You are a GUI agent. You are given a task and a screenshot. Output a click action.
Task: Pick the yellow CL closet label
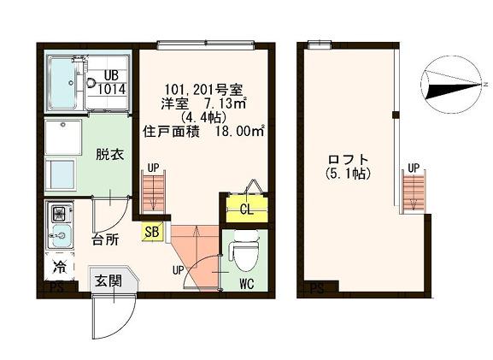(245, 210)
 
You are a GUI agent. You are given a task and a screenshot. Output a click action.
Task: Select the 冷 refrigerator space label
(61, 265)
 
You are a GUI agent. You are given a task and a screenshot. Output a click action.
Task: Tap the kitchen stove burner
(61, 211)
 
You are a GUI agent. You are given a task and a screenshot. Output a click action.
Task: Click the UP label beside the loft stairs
(413, 167)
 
